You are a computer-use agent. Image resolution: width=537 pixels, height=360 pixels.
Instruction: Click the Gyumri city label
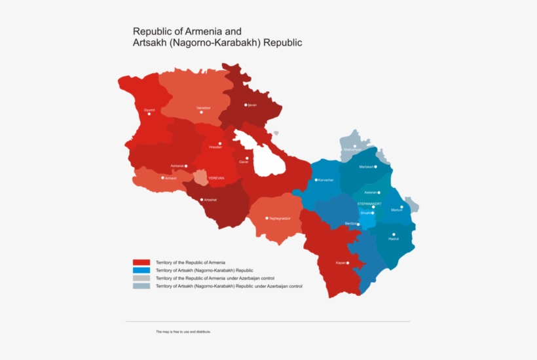(x=149, y=109)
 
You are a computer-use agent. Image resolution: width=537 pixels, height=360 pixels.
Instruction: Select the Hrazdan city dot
(x=220, y=143)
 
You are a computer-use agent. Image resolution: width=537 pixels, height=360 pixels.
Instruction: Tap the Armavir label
(x=170, y=177)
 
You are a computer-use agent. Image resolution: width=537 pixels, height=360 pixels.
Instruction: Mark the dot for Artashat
(x=202, y=199)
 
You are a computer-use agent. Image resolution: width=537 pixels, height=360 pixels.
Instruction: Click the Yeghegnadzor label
(x=278, y=218)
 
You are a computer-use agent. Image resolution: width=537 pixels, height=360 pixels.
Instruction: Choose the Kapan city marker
(x=348, y=263)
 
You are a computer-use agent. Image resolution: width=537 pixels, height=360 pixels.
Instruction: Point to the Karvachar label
(x=326, y=180)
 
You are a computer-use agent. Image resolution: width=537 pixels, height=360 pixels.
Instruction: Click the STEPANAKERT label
(x=369, y=203)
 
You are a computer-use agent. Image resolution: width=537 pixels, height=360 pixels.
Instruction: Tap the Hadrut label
(x=394, y=239)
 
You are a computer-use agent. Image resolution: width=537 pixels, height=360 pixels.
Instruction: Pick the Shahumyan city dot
(x=355, y=147)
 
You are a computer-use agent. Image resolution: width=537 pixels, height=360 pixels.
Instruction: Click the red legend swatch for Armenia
(x=141, y=262)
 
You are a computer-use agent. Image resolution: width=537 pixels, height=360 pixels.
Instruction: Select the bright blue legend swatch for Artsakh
(x=141, y=270)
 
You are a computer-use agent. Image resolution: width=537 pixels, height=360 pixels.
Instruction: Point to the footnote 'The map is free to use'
(x=183, y=332)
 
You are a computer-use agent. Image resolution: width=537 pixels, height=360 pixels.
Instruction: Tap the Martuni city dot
(x=402, y=207)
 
